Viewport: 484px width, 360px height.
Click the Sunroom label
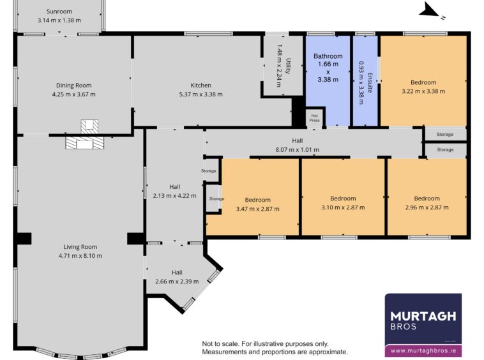coord(59,11)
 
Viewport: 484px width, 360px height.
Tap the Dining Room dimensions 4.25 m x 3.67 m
coord(74,94)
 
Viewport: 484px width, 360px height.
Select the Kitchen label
coord(200,86)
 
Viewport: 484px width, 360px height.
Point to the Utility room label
coord(288,66)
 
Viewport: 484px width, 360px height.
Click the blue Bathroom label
coord(328,56)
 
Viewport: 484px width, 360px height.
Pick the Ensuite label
coord(370,83)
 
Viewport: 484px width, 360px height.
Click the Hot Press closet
coord(315,118)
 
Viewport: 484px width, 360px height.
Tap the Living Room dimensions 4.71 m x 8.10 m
coord(80,256)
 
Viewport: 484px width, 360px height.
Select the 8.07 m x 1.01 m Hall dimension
coord(298,150)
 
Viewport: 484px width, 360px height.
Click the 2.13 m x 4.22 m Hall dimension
coord(174,196)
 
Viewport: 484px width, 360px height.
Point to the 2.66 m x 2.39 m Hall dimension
coord(177,281)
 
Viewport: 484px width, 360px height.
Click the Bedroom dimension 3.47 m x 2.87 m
coord(258,209)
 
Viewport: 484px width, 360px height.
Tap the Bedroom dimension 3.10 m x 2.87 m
coord(343,207)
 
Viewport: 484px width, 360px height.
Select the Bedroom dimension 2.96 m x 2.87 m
coord(427,207)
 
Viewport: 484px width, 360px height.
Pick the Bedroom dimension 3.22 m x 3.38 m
coord(423,91)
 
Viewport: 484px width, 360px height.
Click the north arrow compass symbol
coord(429,10)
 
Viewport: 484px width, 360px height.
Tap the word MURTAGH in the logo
coord(423,316)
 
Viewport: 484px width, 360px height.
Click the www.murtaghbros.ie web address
coord(423,351)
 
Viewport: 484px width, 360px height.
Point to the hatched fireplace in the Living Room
coord(84,143)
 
